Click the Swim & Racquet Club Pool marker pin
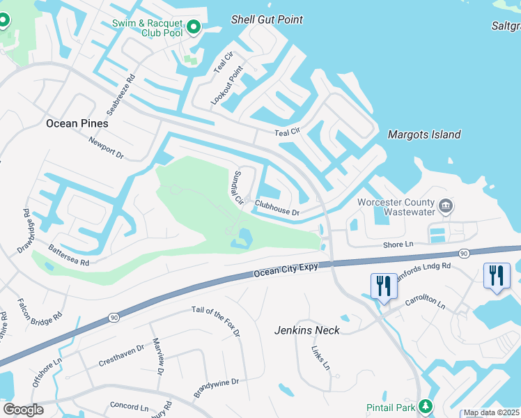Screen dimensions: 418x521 click(x=194, y=28)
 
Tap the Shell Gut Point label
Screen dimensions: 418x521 click(x=267, y=20)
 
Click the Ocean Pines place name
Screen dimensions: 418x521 click(x=77, y=123)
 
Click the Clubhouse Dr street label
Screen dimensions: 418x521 click(x=277, y=208)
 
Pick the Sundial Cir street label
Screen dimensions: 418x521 click(x=235, y=187)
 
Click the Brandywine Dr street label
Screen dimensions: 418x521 click(x=216, y=387)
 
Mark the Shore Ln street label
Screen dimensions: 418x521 click(x=398, y=245)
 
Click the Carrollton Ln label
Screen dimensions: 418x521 click(x=426, y=304)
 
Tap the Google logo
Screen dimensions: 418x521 click(x=22, y=409)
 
